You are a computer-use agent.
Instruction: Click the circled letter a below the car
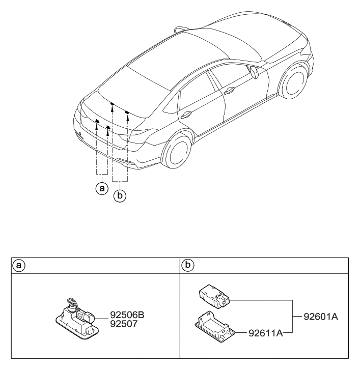tap(102, 188)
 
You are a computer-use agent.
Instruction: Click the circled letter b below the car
tap(120, 194)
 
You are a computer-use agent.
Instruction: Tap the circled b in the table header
tap(187, 266)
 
